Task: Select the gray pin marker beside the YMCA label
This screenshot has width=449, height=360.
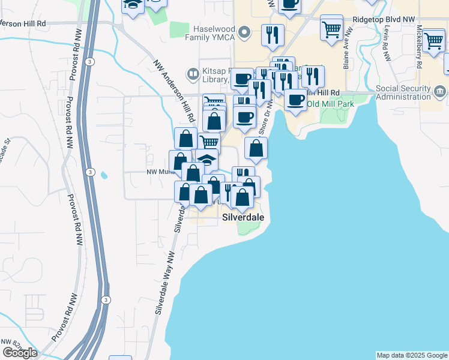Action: click(244, 32)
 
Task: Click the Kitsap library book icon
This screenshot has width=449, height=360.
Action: click(193, 74)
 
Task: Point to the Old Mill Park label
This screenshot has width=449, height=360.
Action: click(330, 104)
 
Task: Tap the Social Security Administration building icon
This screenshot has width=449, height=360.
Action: click(440, 92)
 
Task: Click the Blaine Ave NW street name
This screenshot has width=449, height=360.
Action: click(346, 58)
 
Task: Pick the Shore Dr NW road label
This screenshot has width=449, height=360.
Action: click(266, 117)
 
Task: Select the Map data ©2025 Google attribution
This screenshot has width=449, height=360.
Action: click(412, 355)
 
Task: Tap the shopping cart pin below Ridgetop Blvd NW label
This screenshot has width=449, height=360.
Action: click(331, 28)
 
